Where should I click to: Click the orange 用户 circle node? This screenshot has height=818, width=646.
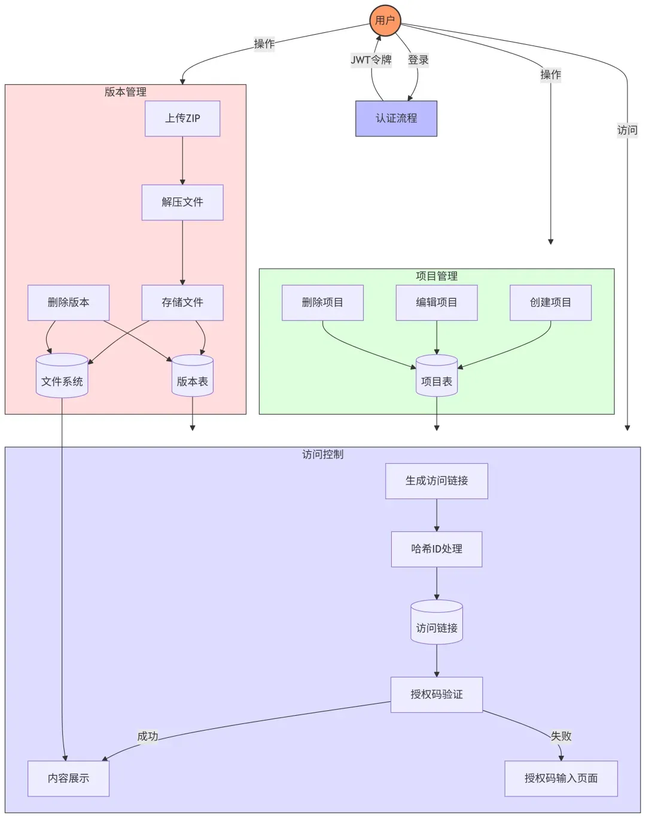pos(385,20)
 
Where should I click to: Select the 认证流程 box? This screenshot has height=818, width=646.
pos(396,118)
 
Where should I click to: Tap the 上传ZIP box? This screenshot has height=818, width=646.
pos(182,118)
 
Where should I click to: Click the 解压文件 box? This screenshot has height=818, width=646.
pos(182,202)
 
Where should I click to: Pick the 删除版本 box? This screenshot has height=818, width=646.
pos(68,303)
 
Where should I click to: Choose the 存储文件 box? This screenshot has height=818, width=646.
pos(182,303)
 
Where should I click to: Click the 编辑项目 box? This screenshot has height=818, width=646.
pos(437,303)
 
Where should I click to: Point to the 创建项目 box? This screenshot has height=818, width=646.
pos(550,303)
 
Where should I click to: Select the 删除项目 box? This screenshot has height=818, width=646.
pos(322,303)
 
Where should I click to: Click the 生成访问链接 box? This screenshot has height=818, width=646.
pos(437,481)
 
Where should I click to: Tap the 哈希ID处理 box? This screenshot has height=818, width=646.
pos(437,549)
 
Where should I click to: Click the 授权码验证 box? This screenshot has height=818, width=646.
pos(437,695)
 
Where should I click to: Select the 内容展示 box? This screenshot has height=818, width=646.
pos(68,779)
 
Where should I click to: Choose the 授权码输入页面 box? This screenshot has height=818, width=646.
pos(561,779)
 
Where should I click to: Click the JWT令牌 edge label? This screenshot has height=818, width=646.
pos(371,60)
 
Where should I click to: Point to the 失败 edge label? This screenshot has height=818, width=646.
pos(561,736)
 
